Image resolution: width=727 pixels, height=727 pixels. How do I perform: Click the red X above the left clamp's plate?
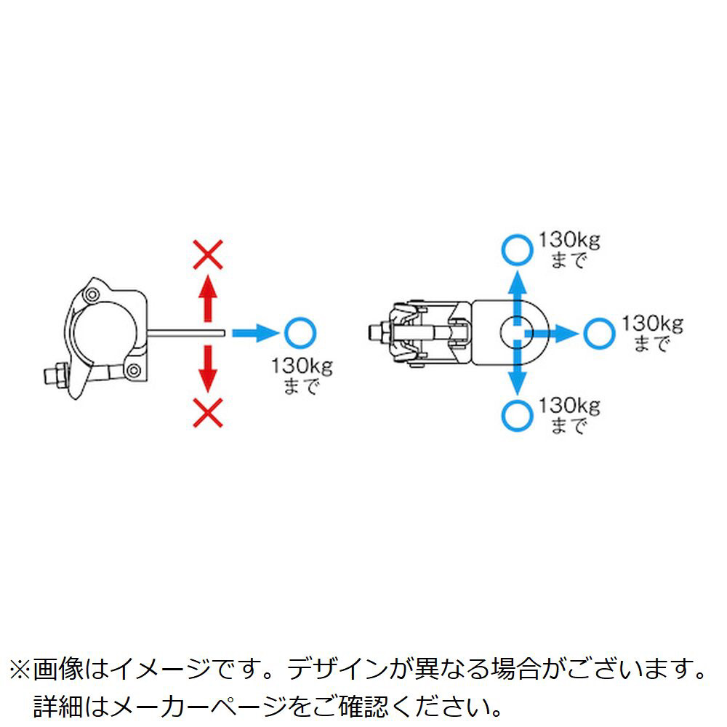click(x=208, y=254)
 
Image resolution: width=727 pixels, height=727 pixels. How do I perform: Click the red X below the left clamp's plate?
click(x=208, y=413)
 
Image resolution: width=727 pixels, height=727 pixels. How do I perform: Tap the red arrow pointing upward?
click(x=208, y=297)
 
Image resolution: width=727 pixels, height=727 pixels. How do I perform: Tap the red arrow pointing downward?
click(x=208, y=369)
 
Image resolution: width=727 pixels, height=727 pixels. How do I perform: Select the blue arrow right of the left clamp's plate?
click(x=255, y=333)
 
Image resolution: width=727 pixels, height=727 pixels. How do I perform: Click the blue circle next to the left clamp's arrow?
click(x=300, y=333)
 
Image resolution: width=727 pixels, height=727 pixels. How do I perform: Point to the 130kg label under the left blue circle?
click(x=302, y=366)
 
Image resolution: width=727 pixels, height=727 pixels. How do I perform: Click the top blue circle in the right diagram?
click(x=517, y=250)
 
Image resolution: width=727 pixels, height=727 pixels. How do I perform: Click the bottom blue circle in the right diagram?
click(x=517, y=415)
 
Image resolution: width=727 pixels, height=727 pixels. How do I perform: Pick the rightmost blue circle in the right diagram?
click(x=599, y=333)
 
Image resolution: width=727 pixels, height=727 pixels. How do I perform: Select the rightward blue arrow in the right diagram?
click(x=551, y=333)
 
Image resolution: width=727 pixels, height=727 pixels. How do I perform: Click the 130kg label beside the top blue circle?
click(x=569, y=240)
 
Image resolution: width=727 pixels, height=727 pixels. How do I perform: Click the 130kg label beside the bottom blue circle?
click(x=569, y=406)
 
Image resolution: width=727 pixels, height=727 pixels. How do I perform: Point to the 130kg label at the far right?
click(x=652, y=324)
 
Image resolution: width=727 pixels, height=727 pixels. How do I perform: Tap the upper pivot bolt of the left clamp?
click(x=92, y=295)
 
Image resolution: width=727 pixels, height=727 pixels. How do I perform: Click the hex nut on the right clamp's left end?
click(x=380, y=332)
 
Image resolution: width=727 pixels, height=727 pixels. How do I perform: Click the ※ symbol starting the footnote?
click(x=20, y=670)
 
